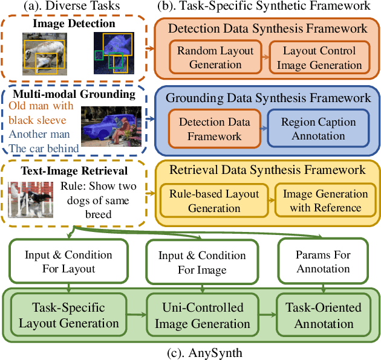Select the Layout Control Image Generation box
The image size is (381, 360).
[319, 58]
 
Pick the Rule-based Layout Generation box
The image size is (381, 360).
[214, 201]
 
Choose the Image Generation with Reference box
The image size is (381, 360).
[325, 201]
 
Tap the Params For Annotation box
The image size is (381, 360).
[323, 262]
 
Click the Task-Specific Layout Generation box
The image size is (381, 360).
[68, 315]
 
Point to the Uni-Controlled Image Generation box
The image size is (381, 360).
[202, 315]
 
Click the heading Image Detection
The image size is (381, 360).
[74, 24]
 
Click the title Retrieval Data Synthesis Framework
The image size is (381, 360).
[267, 170]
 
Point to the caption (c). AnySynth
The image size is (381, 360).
[190, 352]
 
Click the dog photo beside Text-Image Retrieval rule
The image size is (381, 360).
[37, 202]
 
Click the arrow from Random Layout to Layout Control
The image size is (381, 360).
[264, 58]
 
